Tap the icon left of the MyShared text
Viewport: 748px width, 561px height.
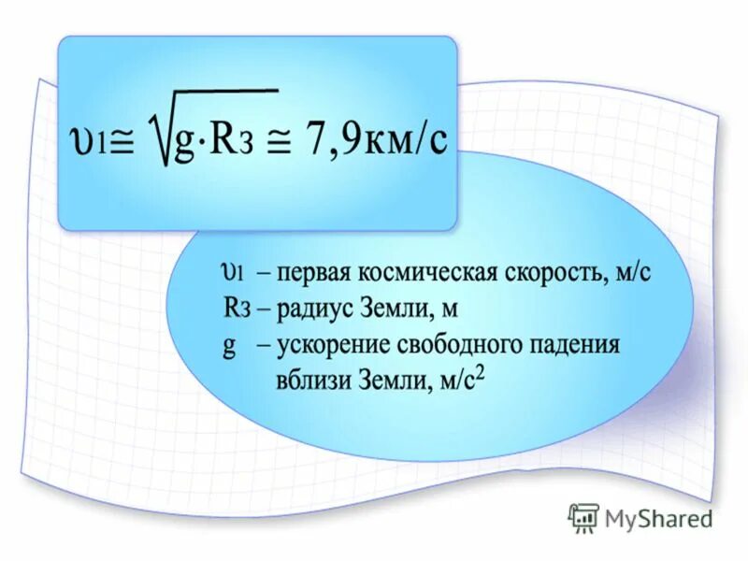pyautogui.click(x=583, y=517)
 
